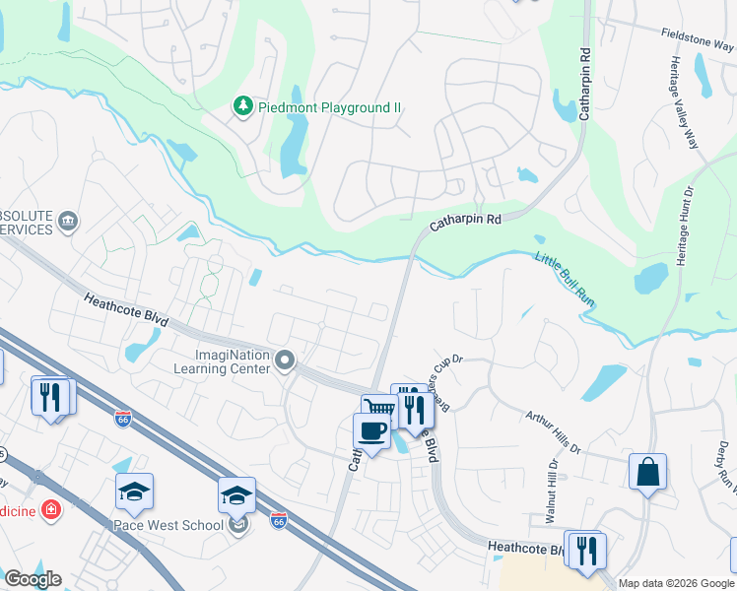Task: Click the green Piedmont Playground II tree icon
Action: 242,105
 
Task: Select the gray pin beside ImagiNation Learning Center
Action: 285,361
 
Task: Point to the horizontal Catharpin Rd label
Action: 465,223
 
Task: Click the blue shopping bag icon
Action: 648,472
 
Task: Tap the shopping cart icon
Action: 378,408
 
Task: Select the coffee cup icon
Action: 371,430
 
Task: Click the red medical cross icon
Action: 49,510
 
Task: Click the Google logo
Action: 33,579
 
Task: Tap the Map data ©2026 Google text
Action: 676,583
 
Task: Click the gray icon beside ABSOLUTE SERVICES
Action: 68,220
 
